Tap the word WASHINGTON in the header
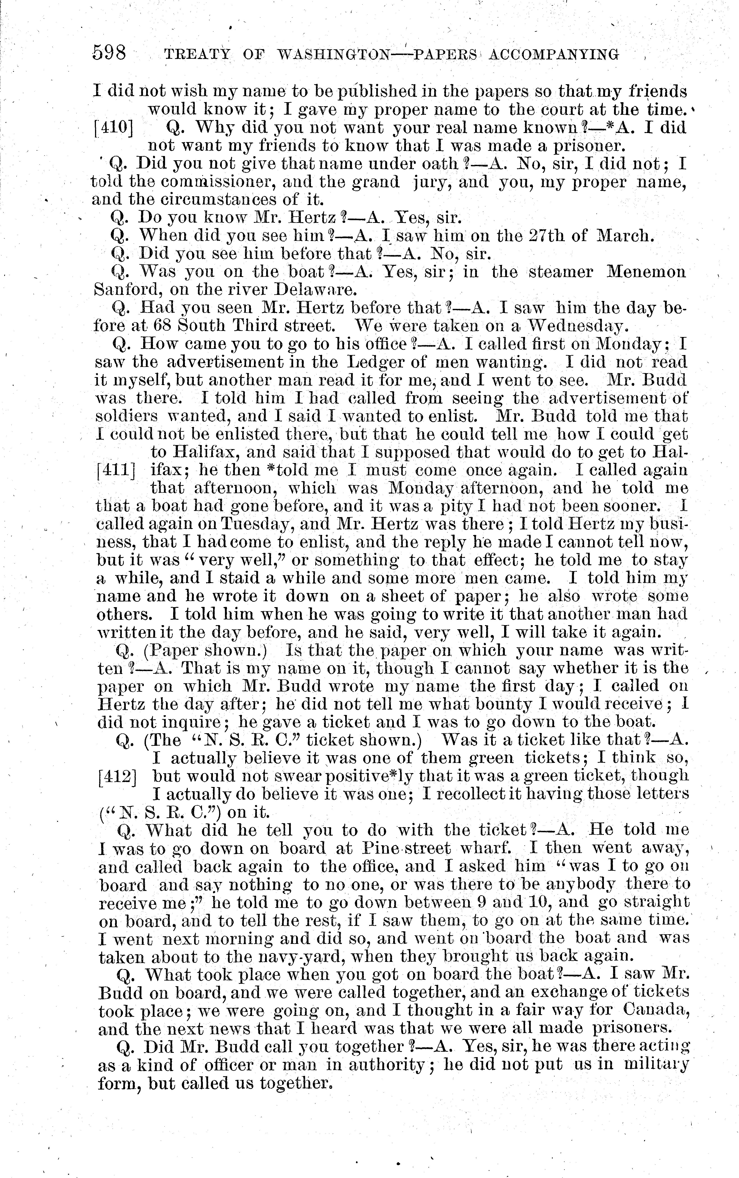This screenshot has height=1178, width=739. coord(333,54)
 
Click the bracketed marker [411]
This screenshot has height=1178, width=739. coord(116,470)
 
